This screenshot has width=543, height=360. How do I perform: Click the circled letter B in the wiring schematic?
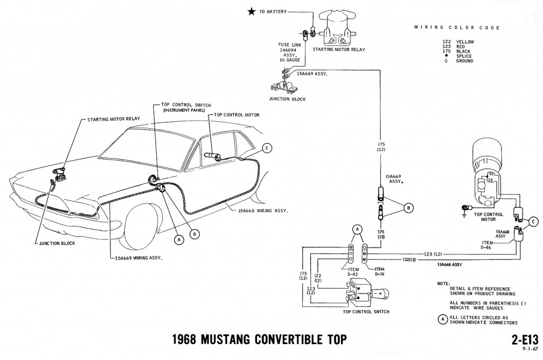coord(408,207)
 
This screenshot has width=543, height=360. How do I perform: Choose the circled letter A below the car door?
coord(178,239)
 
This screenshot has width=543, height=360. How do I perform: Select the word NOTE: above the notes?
coord(443,284)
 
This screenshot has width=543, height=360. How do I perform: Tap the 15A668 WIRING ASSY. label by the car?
coord(260,211)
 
